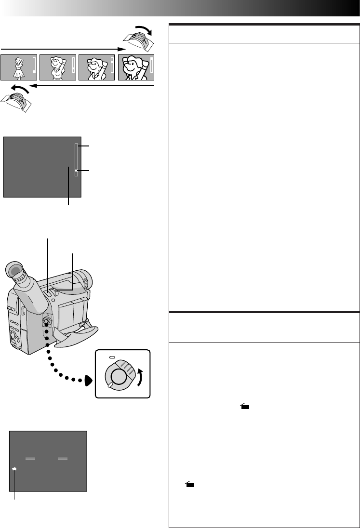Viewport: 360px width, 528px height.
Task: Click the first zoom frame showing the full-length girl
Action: coord(19,67)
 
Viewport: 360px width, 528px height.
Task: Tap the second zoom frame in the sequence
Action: coord(58,67)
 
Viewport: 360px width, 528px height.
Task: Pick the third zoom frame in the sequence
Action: coord(97,67)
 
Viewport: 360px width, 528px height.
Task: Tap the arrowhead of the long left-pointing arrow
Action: coord(33,86)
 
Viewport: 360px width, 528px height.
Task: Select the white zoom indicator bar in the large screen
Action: coord(76,159)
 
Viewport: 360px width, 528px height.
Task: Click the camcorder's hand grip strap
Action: coord(77,332)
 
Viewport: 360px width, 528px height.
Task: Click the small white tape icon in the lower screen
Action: coord(15,468)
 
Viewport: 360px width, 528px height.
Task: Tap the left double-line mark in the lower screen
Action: coord(31,460)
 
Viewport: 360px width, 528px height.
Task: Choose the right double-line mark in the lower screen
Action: coord(62,460)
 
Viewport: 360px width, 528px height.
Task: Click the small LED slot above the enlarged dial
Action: coord(112,357)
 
